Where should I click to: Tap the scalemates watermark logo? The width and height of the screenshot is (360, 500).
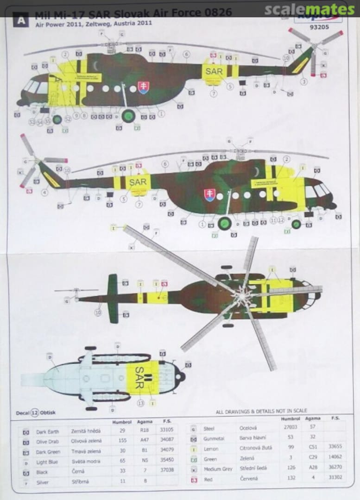tap(310, 9)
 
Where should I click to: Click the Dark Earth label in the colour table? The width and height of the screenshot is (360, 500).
tap(47, 431)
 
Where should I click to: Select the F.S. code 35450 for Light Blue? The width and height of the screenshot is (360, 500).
tap(166, 461)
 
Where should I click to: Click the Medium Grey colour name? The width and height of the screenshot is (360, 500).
tap(218, 469)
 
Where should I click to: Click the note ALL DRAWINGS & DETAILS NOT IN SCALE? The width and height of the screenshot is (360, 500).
tap(261, 411)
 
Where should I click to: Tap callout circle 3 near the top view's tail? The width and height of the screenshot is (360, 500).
tap(304, 81)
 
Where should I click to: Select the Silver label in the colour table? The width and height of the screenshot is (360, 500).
tap(43, 482)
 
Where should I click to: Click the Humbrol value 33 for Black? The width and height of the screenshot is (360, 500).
tap(122, 471)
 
